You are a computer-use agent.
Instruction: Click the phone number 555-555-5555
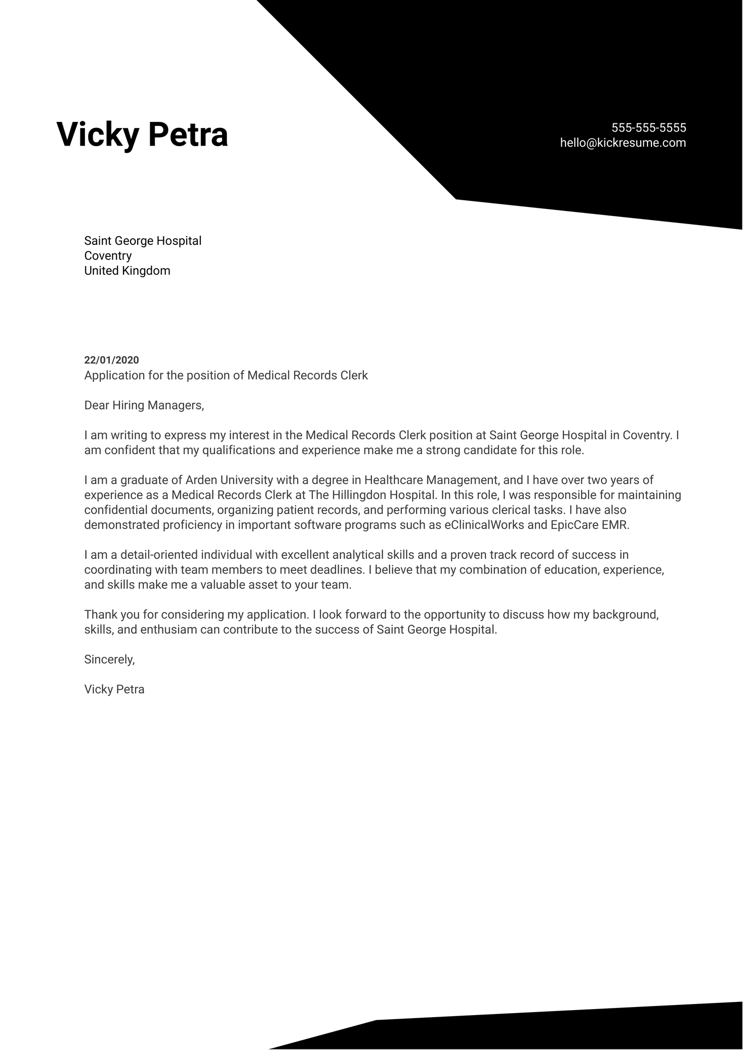coord(648,127)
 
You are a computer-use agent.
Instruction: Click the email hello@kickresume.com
coord(623,143)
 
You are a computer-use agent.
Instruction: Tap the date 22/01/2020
coord(111,360)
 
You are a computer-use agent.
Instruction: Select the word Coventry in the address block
coord(108,256)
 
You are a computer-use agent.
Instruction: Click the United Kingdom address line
coord(127,271)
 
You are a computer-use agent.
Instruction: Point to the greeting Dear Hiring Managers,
coord(144,405)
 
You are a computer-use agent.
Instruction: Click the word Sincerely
coord(109,660)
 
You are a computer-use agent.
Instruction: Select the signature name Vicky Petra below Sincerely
coord(114,689)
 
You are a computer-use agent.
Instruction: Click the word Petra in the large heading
coord(188,135)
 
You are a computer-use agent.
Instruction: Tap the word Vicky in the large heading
coord(97,135)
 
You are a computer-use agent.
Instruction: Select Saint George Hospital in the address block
coord(143,241)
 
